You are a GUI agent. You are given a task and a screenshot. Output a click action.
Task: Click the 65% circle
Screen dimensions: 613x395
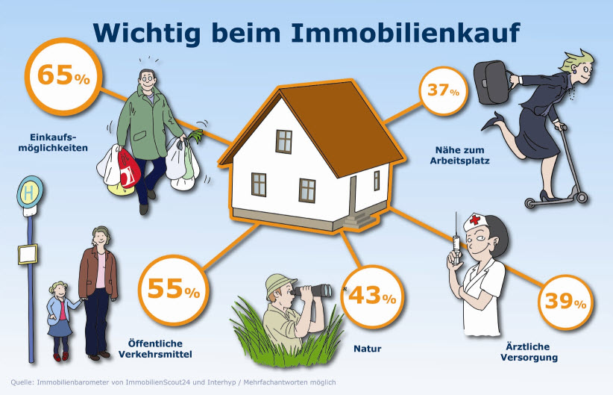pyautogui.click(x=63, y=76)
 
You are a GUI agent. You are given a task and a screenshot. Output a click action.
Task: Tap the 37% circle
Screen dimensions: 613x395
pyautogui.click(x=443, y=91)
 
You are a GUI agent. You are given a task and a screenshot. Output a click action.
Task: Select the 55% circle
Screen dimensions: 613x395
pyautogui.click(x=174, y=290)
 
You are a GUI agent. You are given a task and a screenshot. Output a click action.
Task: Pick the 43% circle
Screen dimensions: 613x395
pyautogui.click(x=372, y=296)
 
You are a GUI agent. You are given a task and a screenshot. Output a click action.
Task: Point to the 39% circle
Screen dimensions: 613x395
pyautogui.click(x=565, y=302)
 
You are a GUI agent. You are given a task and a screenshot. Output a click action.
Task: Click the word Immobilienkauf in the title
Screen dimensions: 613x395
pyautogui.click(x=406, y=33)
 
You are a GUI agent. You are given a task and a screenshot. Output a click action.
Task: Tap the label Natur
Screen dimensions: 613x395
pyautogui.click(x=368, y=349)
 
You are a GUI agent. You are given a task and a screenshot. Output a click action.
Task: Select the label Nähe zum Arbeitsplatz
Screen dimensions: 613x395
pyautogui.click(x=459, y=155)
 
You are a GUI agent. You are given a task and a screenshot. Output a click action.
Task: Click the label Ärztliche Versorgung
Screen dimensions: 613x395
pyautogui.click(x=529, y=352)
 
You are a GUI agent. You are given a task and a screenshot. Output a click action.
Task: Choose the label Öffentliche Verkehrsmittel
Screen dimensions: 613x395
pyautogui.click(x=155, y=349)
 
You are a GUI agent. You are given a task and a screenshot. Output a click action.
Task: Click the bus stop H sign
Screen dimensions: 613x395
pyautogui.click(x=30, y=192)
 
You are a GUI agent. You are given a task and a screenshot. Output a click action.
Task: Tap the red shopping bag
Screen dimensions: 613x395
pyautogui.click(x=129, y=168)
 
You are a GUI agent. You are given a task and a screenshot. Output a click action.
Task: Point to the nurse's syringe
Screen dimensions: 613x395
pyautogui.click(x=456, y=239)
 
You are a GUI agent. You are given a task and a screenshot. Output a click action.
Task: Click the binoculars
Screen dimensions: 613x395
pyautogui.click(x=313, y=290)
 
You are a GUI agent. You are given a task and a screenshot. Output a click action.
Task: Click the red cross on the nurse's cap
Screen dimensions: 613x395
pyautogui.click(x=474, y=220)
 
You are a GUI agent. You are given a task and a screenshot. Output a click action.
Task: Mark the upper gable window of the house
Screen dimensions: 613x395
pyautogui.click(x=284, y=141)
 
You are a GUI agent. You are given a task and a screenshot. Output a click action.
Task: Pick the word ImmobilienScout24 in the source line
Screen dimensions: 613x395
pyautogui.click(x=158, y=382)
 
